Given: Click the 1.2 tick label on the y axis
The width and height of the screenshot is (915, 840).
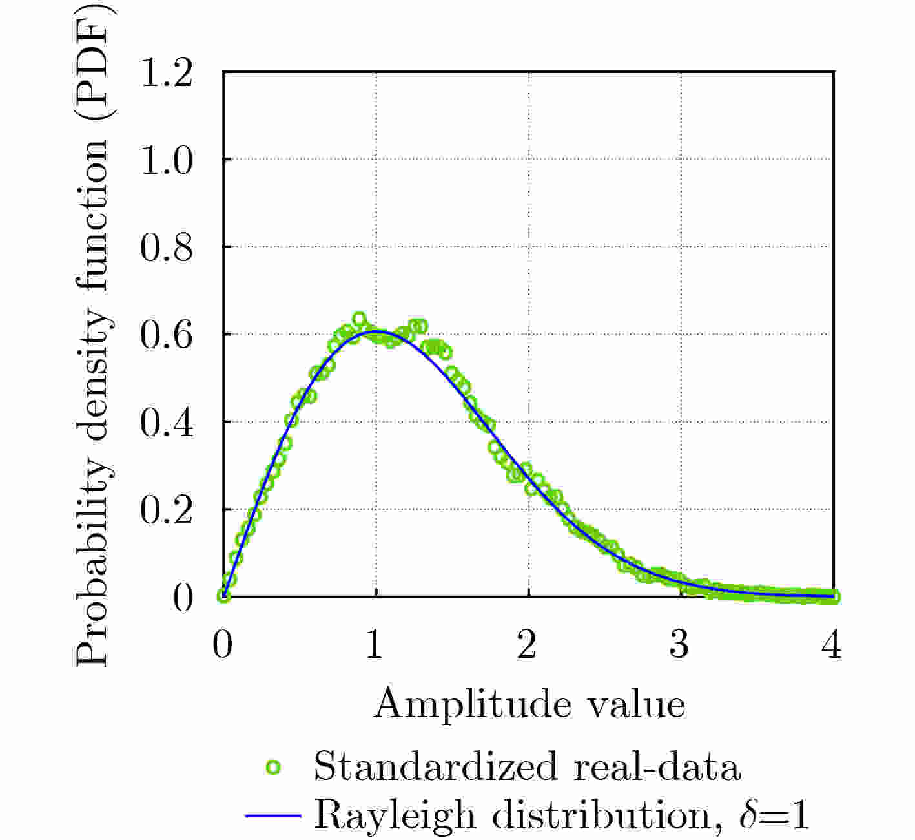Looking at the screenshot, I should click(x=166, y=72).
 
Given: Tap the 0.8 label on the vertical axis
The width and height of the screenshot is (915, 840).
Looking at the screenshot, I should click(x=166, y=247).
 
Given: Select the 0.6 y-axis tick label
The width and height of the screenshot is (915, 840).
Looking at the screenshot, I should click(x=166, y=335).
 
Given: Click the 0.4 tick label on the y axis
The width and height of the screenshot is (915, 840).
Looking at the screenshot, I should click(x=166, y=423).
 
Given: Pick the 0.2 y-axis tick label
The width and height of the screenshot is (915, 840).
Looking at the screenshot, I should click(x=166, y=510).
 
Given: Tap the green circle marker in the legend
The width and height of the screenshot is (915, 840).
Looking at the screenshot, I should click(x=273, y=768).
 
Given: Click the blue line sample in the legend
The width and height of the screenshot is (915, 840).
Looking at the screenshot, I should click(x=273, y=815).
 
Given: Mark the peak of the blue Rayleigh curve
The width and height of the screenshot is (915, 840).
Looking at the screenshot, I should click(x=376, y=331).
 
